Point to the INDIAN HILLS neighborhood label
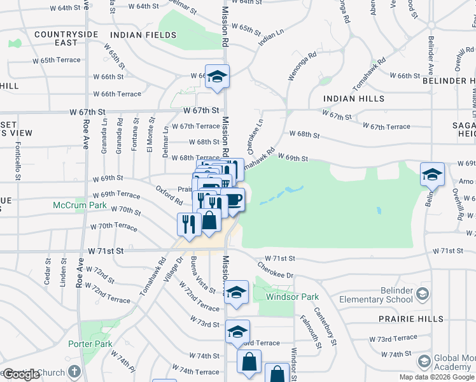(354, 99)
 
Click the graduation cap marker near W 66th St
(217, 77)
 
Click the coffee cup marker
(233, 199)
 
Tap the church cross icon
(74, 371)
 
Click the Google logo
(21, 374)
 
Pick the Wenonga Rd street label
(302, 66)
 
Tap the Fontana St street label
(135, 135)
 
